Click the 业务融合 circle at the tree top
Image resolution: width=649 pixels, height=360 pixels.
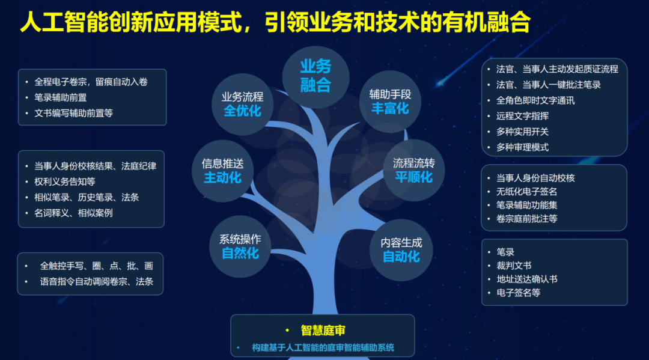[316, 77]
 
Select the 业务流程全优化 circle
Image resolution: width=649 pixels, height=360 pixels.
[243, 105]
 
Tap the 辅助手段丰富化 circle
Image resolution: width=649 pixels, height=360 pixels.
[390, 102]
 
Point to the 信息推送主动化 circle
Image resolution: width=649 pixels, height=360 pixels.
[223, 171]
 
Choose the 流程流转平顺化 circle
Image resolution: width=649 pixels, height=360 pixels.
[413, 170]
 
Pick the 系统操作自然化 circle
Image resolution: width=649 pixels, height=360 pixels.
[240, 246]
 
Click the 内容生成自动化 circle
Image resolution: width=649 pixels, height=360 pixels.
[401, 250]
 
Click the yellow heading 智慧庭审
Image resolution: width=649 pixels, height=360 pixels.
[323, 330]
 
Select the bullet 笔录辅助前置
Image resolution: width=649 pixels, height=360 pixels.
[61, 97]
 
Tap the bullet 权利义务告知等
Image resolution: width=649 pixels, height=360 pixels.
[64, 182]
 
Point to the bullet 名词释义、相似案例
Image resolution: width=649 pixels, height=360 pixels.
[73, 213]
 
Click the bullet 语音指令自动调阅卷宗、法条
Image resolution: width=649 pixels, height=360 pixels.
[96, 282]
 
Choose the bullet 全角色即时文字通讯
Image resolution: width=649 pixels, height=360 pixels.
[535, 100]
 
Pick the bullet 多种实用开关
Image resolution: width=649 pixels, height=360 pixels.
[522, 132]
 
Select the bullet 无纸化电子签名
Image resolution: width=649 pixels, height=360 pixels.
[526, 192]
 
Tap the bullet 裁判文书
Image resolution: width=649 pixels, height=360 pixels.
[514, 266]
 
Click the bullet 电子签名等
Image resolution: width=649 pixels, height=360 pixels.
[518, 293]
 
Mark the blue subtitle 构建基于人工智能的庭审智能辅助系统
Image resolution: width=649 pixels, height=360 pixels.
[323, 347]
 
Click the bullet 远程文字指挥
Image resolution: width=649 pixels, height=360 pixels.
[522, 116]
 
